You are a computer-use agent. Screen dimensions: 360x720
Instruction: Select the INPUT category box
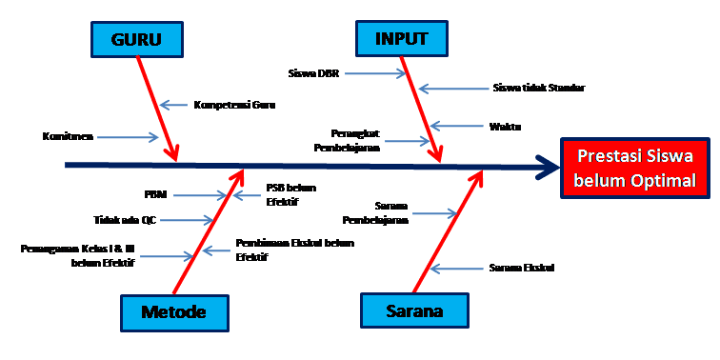401,39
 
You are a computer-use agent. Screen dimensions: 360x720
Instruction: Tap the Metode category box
174,311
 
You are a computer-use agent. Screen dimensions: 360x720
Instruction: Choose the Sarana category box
415,311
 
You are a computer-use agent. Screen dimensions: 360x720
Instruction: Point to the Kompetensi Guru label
234,105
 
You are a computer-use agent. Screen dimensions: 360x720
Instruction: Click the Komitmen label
67,136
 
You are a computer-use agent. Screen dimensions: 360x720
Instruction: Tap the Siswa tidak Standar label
539,88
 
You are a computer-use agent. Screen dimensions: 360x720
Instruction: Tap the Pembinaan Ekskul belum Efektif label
293,250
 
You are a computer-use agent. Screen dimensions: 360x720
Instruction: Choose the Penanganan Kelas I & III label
78,254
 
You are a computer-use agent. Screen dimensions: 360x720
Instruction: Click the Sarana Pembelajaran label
390,213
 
